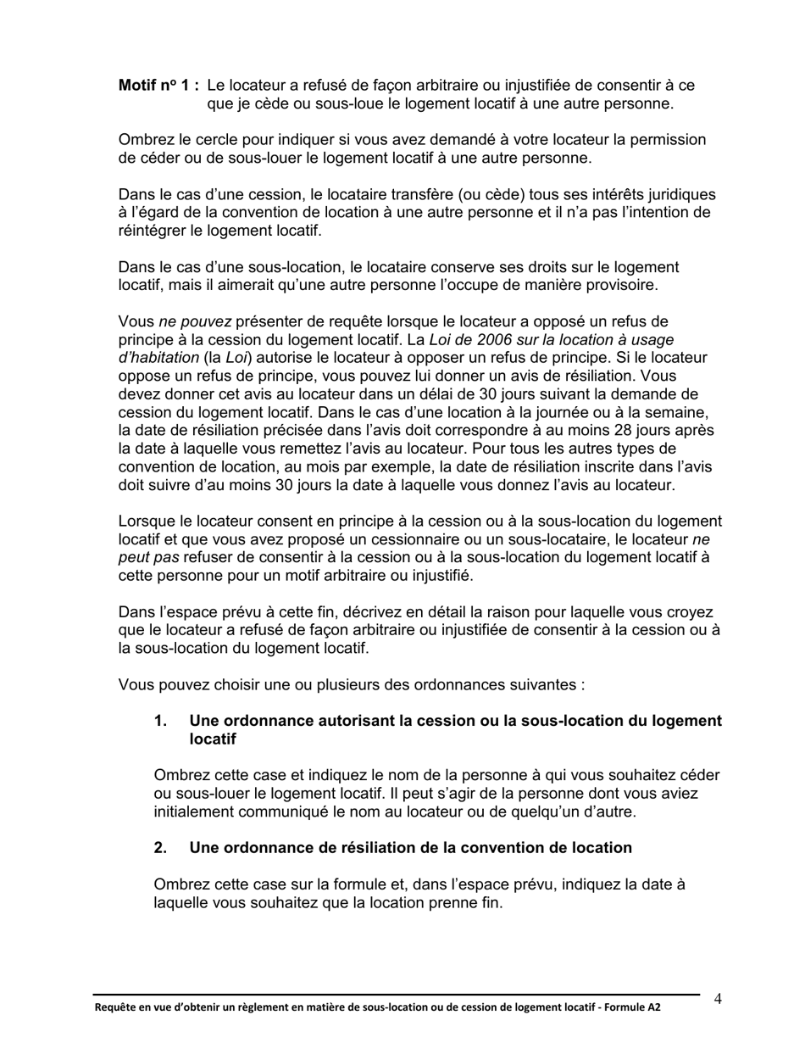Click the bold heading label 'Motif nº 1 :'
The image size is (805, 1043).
point(158,86)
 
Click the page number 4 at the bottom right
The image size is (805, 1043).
point(718,999)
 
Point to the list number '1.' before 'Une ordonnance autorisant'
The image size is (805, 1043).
point(160,721)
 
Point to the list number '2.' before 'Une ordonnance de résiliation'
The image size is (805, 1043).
point(160,848)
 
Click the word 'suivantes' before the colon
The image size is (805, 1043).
point(543,684)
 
